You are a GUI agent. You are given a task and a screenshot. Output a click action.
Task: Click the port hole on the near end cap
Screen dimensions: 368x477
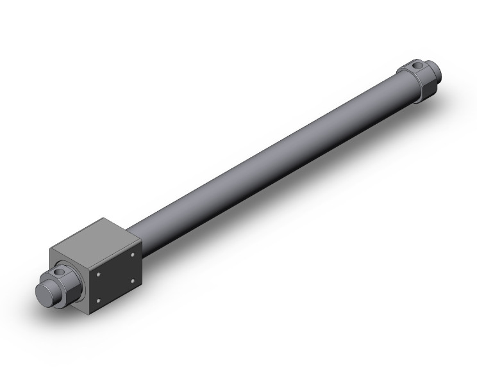pos(59,273)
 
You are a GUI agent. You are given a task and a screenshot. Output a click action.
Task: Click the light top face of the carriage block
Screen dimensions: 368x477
pos(95,239)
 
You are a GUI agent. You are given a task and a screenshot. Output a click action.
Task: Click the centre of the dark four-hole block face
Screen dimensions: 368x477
pos(115,276)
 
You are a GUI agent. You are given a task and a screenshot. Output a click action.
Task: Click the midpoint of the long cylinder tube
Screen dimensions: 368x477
pos(269,163)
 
